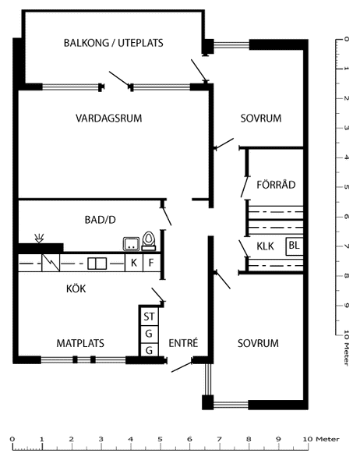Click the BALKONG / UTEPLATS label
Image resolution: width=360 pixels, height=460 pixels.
(x=114, y=43)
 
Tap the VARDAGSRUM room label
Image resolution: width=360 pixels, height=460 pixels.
(x=109, y=119)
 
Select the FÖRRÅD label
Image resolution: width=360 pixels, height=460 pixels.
(x=276, y=184)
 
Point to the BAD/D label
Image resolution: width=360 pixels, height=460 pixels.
(x=101, y=220)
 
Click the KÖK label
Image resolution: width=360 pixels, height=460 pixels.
(x=76, y=288)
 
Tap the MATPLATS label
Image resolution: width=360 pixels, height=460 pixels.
(x=80, y=343)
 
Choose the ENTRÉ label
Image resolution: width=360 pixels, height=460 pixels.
(x=184, y=342)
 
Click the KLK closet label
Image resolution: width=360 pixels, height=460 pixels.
(x=265, y=246)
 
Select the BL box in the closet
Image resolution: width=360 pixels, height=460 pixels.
(x=295, y=246)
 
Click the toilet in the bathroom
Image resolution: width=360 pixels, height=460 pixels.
(x=149, y=241)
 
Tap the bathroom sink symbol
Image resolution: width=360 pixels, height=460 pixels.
(x=132, y=244)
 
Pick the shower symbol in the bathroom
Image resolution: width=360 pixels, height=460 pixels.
(x=39, y=238)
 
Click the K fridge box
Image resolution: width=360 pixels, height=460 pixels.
(x=134, y=263)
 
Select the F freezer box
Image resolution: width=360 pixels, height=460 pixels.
(x=152, y=263)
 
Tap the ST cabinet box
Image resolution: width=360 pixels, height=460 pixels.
(x=149, y=317)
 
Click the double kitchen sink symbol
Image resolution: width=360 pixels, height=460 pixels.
(x=97, y=264)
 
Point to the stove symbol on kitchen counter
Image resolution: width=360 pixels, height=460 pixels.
(x=51, y=263)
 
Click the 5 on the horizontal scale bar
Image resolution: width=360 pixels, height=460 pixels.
(x=160, y=439)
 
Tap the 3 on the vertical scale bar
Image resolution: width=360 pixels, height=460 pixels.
(x=347, y=128)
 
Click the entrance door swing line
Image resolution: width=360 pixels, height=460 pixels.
(x=182, y=366)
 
